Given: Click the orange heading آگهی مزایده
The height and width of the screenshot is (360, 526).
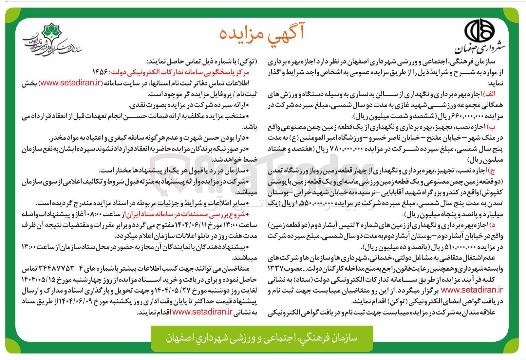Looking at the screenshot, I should coord(262,34).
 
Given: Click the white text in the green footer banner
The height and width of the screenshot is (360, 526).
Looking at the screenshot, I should coord(262,337).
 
